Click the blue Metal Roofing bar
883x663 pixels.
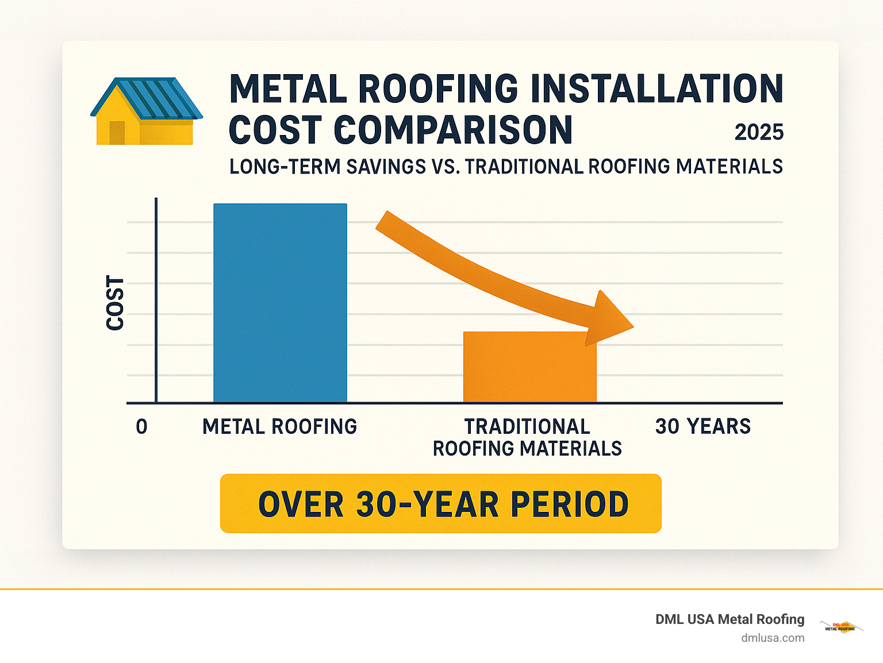tap(280, 303)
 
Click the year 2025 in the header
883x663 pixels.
tap(759, 133)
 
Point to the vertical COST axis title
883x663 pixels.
tap(116, 303)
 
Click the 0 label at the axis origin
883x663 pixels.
tap(141, 427)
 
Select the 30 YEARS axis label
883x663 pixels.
tap(702, 426)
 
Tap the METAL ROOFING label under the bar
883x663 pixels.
tap(279, 427)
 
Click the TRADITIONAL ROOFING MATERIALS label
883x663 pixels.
tap(527, 437)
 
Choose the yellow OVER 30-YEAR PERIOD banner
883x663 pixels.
tap(440, 503)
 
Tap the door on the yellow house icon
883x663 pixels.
tap(117, 133)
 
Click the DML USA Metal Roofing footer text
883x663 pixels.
tap(730, 619)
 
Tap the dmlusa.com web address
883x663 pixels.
tap(773, 638)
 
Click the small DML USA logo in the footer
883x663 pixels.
tap(840, 627)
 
